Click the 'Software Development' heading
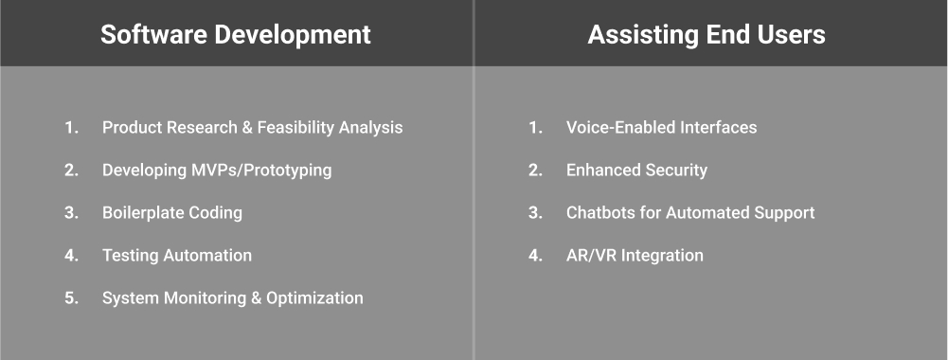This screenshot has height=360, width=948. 236,35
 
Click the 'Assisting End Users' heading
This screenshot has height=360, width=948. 707,35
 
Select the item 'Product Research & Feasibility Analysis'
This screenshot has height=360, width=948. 252,128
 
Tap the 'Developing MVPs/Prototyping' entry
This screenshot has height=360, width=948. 217,171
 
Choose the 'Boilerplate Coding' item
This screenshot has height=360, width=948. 172,213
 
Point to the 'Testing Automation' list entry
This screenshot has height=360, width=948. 177,256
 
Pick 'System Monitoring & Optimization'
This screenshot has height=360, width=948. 233,298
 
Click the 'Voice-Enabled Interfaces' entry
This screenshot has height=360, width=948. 661,128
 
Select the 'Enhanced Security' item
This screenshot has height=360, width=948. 636,171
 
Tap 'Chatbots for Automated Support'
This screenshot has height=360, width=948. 690,213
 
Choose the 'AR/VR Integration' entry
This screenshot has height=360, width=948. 635,256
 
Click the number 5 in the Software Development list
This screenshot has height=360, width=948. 71,298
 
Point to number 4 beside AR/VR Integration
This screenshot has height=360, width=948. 535,256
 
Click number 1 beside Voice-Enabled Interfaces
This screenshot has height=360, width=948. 535,128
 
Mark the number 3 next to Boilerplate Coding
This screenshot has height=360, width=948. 71,213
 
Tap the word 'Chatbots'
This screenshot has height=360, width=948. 600,213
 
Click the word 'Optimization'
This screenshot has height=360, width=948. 314,298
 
